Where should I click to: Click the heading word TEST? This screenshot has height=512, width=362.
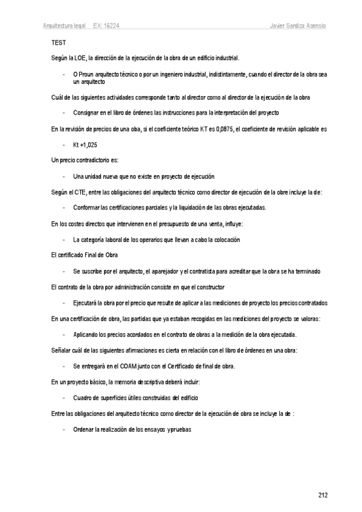tap(58, 43)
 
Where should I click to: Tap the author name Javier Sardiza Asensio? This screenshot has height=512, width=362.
tap(298, 27)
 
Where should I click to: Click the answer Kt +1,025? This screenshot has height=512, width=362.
tap(85, 145)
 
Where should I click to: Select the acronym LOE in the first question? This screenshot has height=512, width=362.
tap(77, 58)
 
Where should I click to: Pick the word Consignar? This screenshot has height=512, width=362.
tap(86, 113)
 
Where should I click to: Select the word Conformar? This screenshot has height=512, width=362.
tap(86, 208)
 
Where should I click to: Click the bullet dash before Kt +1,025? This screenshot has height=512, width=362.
tap(63, 145)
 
